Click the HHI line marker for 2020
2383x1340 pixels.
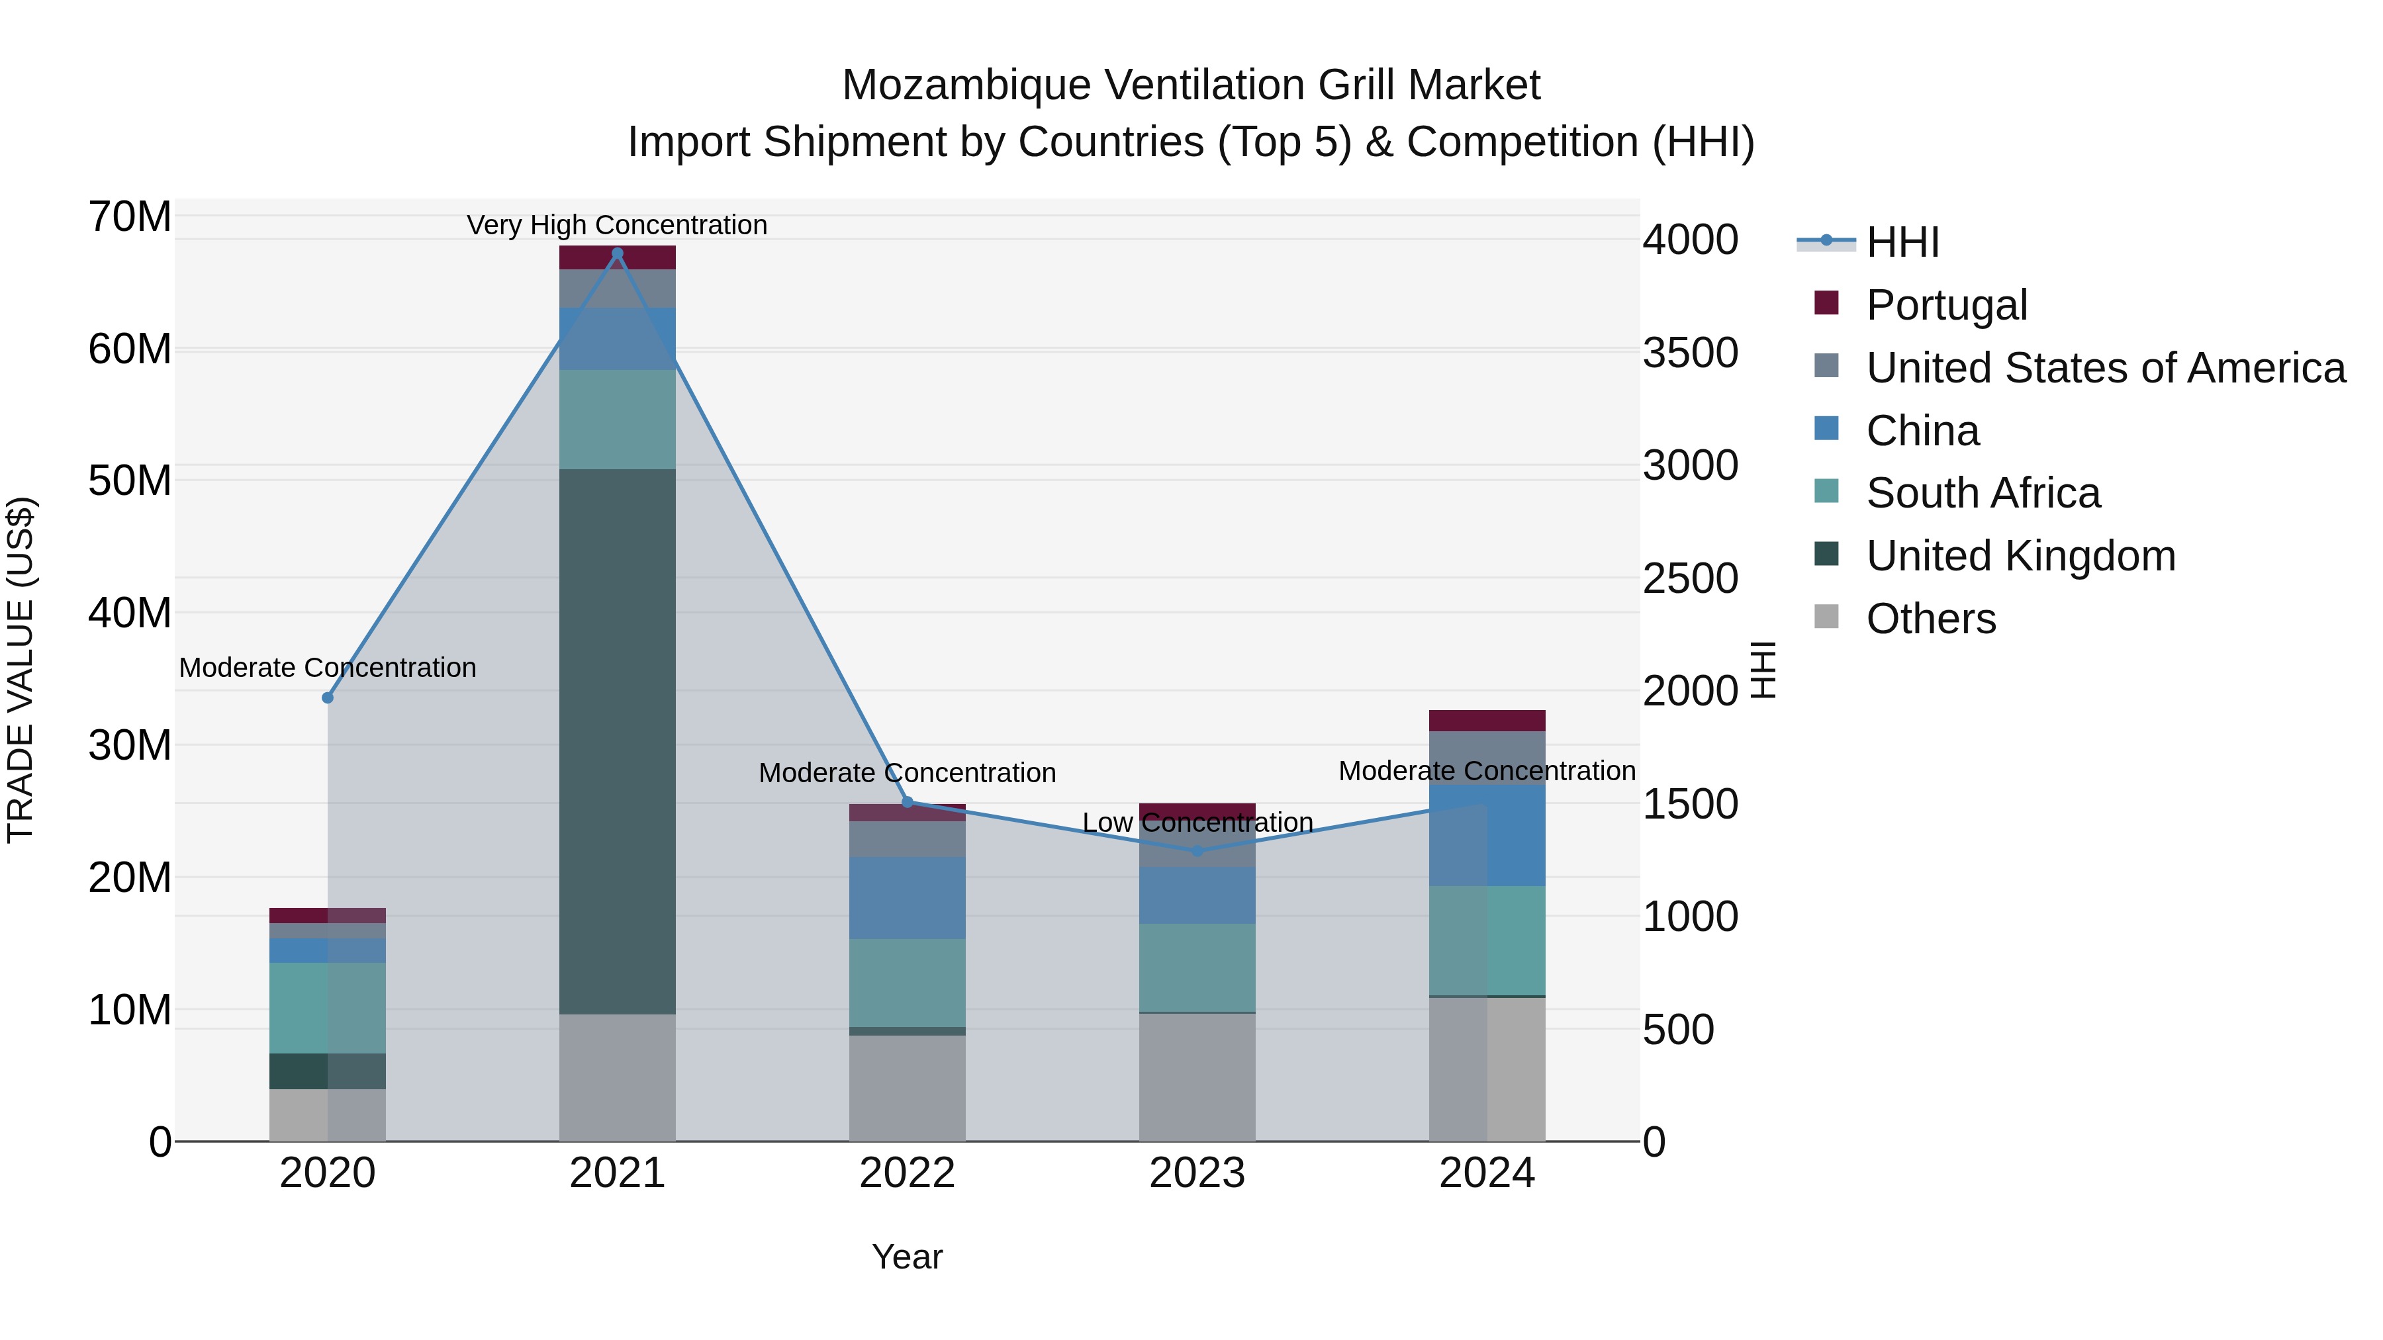(328, 697)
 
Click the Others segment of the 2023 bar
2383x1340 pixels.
(1197, 1077)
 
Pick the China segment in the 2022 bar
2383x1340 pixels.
(907, 898)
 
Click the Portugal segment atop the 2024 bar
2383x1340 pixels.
(1487, 721)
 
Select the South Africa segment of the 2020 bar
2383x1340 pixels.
(328, 1008)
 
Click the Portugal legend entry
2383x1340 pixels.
(1945, 305)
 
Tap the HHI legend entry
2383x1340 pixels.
(1901, 242)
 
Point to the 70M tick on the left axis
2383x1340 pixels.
(130, 217)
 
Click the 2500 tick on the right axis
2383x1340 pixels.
(1689, 579)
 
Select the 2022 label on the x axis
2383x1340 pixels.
(907, 1173)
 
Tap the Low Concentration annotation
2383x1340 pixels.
(1197, 822)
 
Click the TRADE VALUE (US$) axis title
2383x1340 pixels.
(21, 670)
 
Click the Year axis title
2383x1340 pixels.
(907, 1257)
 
